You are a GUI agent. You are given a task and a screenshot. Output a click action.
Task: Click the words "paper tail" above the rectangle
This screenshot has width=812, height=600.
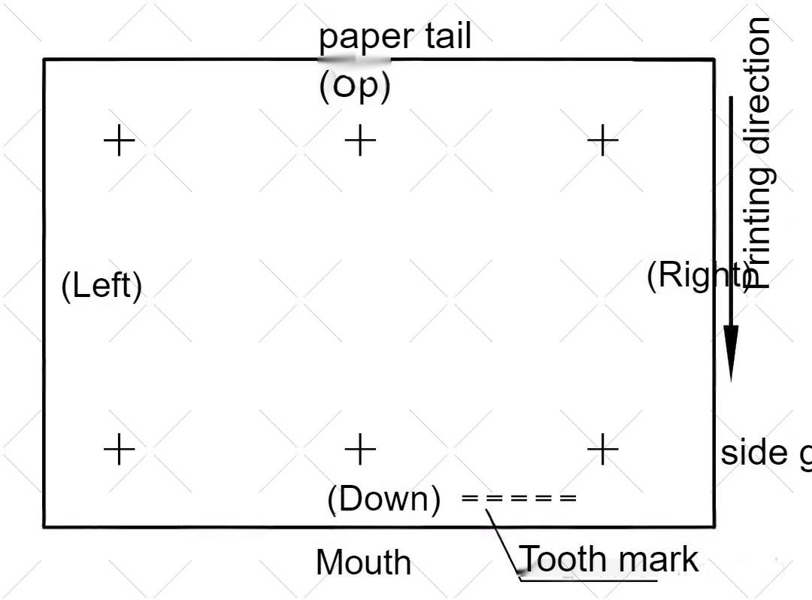(x=395, y=36)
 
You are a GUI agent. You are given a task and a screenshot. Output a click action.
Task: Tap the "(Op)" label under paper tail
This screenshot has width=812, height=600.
(x=355, y=86)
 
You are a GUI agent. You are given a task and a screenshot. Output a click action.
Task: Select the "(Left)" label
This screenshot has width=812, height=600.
(x=101, y=286)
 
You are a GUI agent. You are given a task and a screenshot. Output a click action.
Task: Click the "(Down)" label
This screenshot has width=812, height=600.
(x=383, y=498)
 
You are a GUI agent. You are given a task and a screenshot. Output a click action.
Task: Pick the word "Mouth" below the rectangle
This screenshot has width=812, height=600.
(x=364, y=562)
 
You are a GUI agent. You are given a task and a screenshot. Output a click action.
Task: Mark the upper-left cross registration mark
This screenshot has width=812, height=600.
(x=119, y=140)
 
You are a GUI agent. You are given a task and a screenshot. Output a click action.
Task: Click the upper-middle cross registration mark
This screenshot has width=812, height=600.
(x=360, y=140)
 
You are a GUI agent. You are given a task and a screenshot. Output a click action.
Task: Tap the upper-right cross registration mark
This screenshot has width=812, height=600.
(x=602, y=140)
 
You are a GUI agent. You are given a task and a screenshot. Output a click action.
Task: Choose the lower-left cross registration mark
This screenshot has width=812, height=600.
(x=119, y=450)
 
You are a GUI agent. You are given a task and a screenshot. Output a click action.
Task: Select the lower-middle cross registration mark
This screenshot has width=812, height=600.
(x=360, y=450)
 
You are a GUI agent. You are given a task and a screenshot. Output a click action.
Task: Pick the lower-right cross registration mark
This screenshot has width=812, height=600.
(x=602, y=450)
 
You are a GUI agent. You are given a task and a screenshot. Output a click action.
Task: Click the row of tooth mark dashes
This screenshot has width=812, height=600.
(x=519, y=498)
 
